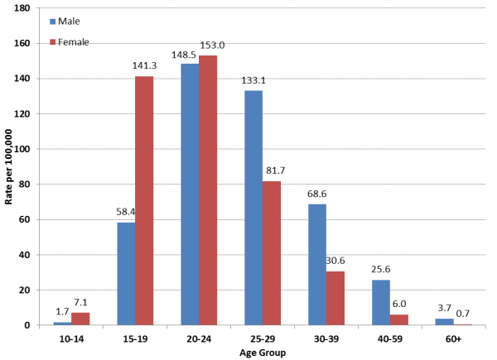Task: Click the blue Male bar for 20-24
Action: (190, 194)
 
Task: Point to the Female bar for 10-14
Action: (80, 319)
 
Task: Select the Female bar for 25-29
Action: (271, 253)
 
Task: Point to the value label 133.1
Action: (253, 81)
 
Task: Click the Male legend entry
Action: (68, 21)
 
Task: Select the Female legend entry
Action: (72, 41)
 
